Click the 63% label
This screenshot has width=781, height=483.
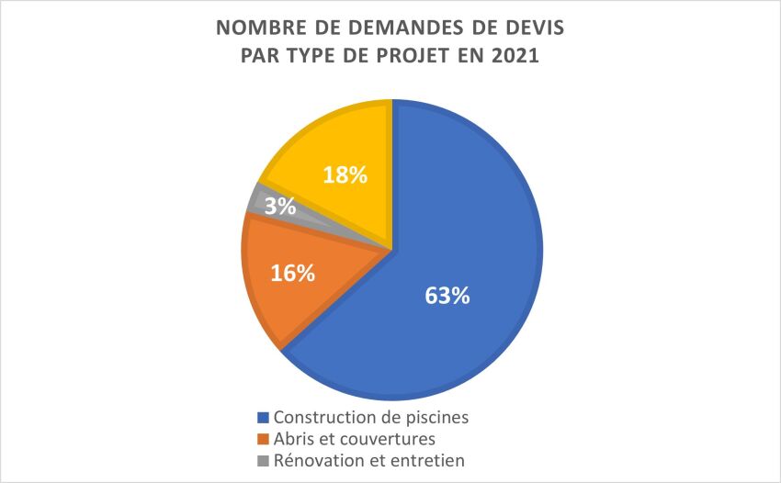pos(447,296)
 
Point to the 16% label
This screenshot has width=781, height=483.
pos(293,273)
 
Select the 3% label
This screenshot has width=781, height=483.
pos(279,207)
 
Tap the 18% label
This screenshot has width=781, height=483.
pos(343,175)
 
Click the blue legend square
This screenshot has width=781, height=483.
pos(266,418)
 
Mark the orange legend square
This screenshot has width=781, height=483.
pos(266,439)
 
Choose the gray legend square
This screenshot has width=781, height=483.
pos(266,460)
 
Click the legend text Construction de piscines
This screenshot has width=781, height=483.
pos(371,417)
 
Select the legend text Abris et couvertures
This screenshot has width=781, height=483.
pos(355,438)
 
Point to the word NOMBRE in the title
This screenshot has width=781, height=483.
pos(255,28)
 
